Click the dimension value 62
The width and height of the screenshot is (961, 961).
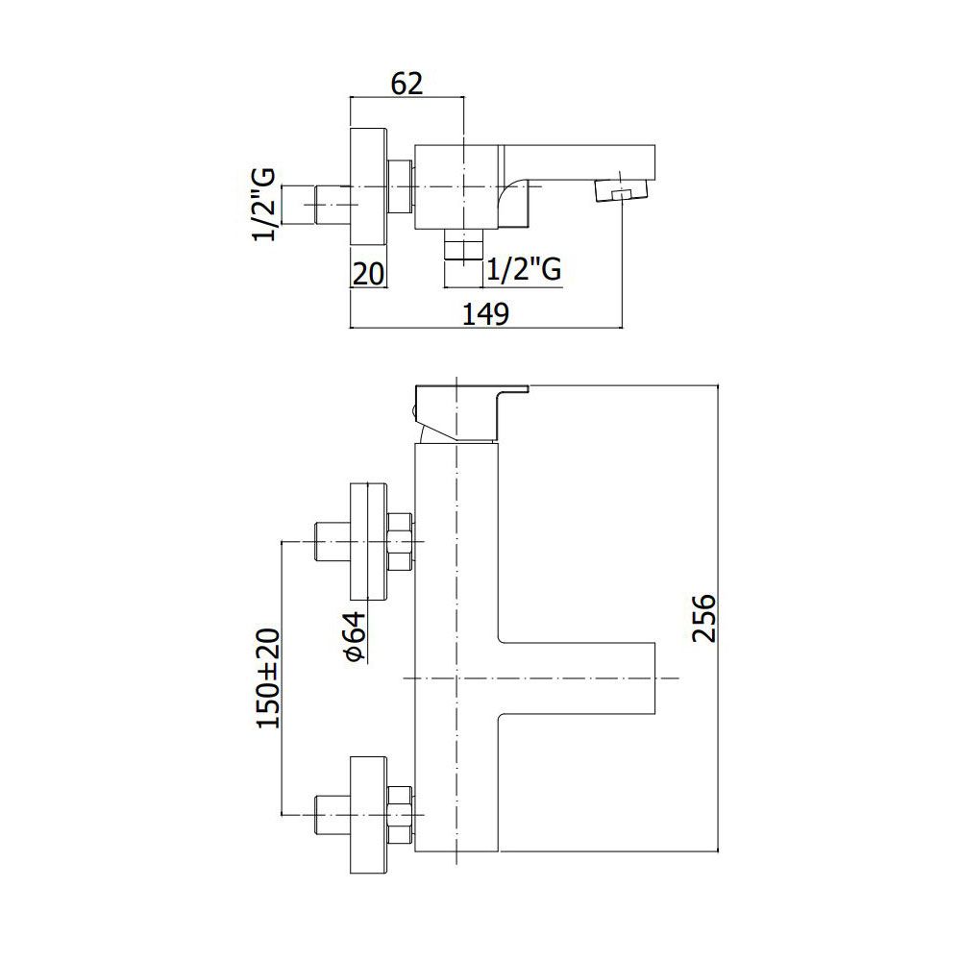point(407,84)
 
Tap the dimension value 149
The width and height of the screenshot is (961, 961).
point(485,314)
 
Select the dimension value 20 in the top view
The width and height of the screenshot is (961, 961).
point(368,273)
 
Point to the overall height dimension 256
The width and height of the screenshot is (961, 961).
point(703,618)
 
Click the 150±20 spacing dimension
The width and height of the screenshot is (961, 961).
point(268,678)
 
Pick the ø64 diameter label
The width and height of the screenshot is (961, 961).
point(355,637)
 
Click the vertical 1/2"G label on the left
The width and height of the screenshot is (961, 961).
point(264,204)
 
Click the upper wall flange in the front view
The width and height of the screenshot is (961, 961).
point(368,541)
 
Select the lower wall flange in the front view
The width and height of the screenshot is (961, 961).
point(368,815)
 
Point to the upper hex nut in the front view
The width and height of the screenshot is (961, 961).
point(400,541)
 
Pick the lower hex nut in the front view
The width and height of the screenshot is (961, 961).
point(400,815)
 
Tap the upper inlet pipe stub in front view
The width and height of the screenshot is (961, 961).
point(332,541)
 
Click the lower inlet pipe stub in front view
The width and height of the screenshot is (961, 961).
point(332,815)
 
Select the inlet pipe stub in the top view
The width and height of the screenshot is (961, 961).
point(332,205)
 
